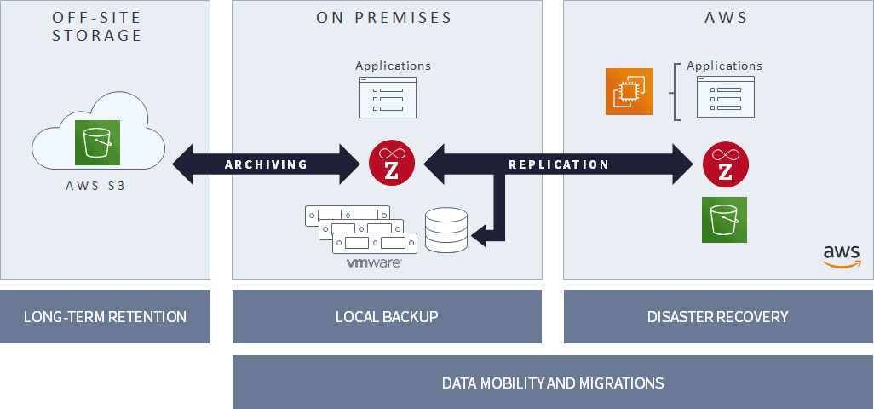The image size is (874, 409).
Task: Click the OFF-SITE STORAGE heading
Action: coord(96,26)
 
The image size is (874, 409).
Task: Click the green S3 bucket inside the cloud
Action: coord(97,141)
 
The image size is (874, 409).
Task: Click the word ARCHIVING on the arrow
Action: coord(266,164)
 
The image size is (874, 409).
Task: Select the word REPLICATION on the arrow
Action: coord(558,164)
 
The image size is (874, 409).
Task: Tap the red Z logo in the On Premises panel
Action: coord(392,164)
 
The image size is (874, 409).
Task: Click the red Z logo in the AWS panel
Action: coord(725,164)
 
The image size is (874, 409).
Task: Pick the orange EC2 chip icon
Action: coord(629,91)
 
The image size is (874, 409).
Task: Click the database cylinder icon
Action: coord(446,230)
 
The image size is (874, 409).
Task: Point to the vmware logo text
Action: coord(373,264)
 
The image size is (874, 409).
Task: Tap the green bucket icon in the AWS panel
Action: coord(724,219)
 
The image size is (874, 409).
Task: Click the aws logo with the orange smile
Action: coord(842,256)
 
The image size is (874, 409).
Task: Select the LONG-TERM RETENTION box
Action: coord(105,317)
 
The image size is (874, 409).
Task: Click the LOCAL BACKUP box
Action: coord(387,317)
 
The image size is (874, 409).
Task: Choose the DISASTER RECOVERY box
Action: coord(717,317)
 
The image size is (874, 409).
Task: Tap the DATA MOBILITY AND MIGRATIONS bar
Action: coord(552,383)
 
